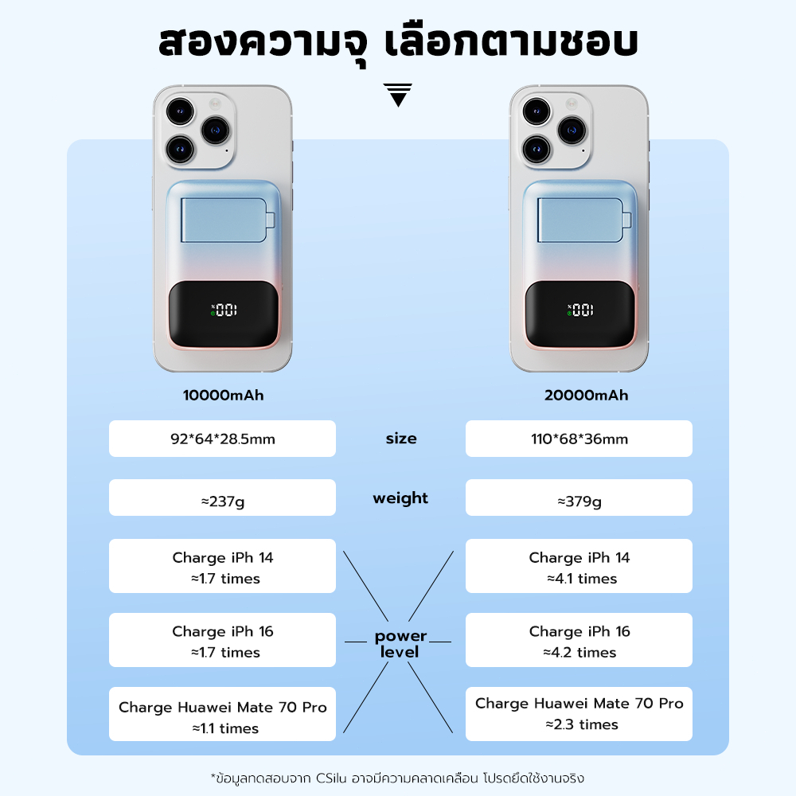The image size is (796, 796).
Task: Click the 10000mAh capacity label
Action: point(224,395)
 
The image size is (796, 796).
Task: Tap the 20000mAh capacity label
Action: point(587,395)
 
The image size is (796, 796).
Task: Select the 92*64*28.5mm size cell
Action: point(222,439)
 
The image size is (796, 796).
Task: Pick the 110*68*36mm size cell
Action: point(579,439)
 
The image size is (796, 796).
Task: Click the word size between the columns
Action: point(401,438)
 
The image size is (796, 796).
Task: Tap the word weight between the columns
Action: point(400,498)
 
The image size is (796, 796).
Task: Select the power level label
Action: point(400,644)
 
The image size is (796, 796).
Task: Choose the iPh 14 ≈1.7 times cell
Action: point(222,566)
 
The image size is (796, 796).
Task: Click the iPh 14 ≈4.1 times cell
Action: point(579,566)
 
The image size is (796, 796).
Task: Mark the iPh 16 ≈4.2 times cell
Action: point(579,640)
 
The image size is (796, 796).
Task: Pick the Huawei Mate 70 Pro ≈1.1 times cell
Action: point(222,714)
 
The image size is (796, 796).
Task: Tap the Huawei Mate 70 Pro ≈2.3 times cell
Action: point(579,714)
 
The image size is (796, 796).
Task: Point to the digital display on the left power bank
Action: point(224,310)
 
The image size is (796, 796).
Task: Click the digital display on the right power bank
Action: point(580,310)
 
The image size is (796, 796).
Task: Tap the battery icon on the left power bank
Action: point(228,220)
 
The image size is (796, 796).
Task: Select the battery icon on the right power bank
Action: point(584,220)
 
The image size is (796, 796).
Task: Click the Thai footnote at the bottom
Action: point(397,778)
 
